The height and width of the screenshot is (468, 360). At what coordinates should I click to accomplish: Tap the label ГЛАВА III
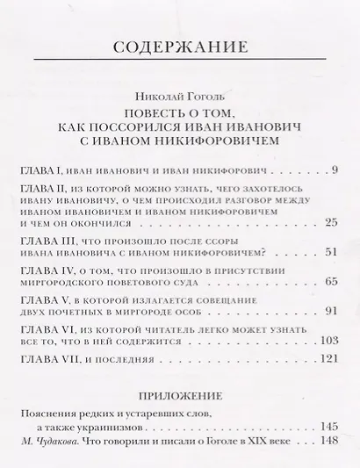click(x=49, y=238)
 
